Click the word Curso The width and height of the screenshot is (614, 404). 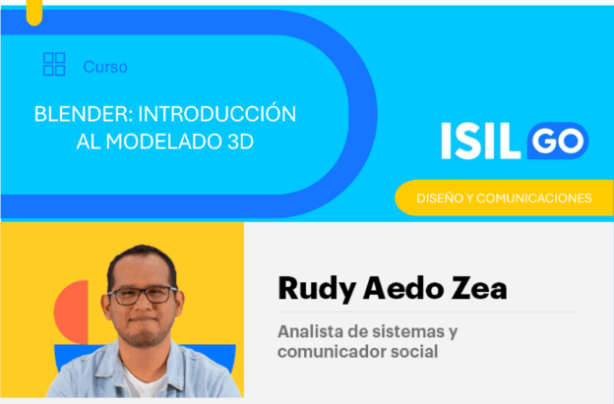click(x=105, y=67)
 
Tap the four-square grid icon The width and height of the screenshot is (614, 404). click(x=54, y=64)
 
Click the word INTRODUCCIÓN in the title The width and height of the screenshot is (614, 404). click(x=217, y=113)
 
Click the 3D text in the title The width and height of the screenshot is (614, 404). click(x=240, y=142)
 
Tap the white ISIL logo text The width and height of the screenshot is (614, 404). click(x=481, y=141)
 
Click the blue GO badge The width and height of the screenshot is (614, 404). click(x=558, y=141)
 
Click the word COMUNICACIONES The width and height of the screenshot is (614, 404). click(x=534, y=199)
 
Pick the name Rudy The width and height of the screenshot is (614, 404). click(x=317, y=289)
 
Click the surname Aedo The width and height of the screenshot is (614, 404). click(x=403, y=288)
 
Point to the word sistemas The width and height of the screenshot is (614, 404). click(x=408, y=331)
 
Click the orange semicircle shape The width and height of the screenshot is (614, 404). click(x=71, y=313)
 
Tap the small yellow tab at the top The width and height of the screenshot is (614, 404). click(x=34, y=13)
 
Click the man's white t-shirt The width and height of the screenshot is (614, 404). click(x=143, y=381)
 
